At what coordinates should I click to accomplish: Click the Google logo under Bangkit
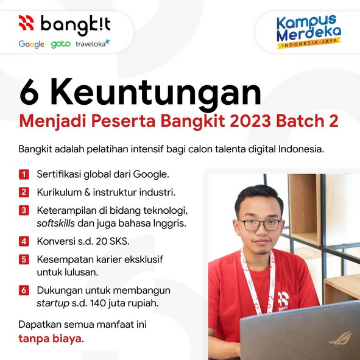[x=32, y=44]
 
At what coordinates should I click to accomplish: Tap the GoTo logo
[x=61, y=44]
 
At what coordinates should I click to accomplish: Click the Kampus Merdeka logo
[x=309, y=32]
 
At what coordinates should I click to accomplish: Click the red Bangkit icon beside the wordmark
[x=27, y=24]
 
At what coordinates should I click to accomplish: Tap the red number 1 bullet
[x=23, y=175]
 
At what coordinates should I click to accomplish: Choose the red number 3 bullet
[x=23, y=210]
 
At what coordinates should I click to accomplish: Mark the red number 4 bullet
[x=23, y=241]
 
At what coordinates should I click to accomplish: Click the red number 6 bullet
[x=23, y=290]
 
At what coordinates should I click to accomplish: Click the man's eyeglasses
[x=259, y=225]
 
